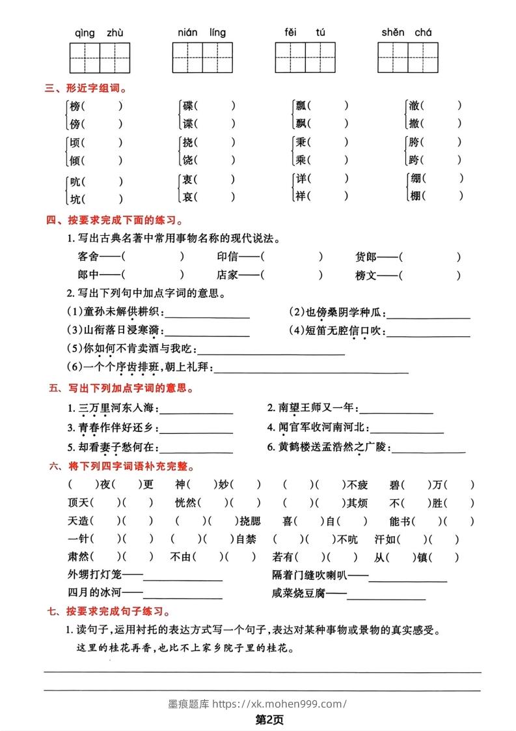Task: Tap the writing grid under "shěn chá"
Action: pyautogui.click(x=407, y=57)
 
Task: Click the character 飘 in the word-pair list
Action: pyautogui.click(x=301, y=122)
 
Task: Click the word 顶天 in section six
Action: pyautogui.click(x=77, y=502)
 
